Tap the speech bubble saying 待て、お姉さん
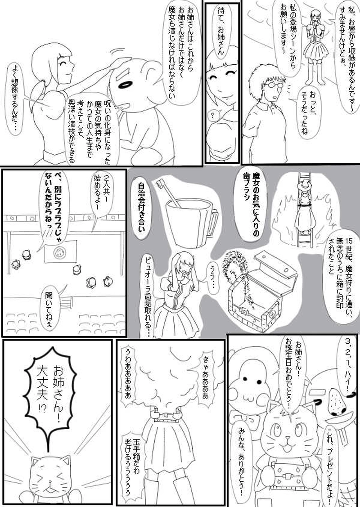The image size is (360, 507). click(222, 32)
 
